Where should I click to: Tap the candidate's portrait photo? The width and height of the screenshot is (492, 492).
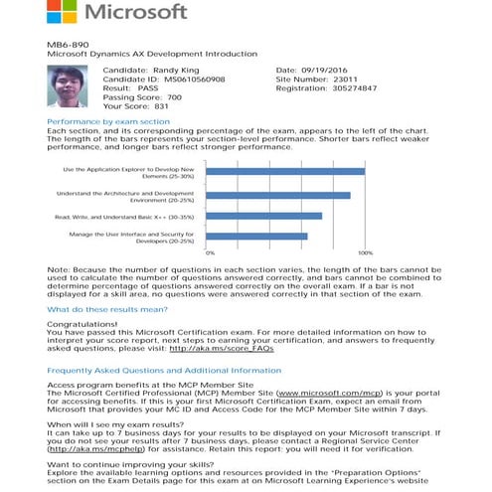[68, 88]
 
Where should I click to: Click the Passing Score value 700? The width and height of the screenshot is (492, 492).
[173, 96]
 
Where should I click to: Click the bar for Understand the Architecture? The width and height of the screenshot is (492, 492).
[277, 194]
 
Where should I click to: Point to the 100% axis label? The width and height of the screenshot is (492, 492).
[365, 253]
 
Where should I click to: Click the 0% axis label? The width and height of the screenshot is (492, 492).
[210, 253]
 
